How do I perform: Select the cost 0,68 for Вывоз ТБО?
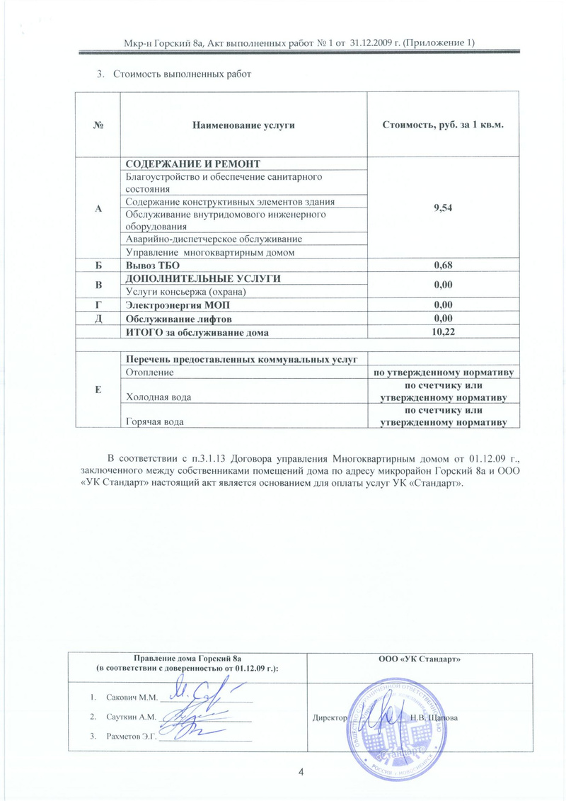[x=443, y=266]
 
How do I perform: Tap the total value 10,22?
[x=443, y=331]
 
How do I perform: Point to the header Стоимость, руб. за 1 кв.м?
[x=443, y=125]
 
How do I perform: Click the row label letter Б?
[x=100, y=266]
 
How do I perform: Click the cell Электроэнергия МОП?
[x=177, y=305]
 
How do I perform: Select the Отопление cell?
[x=149, y=371]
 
